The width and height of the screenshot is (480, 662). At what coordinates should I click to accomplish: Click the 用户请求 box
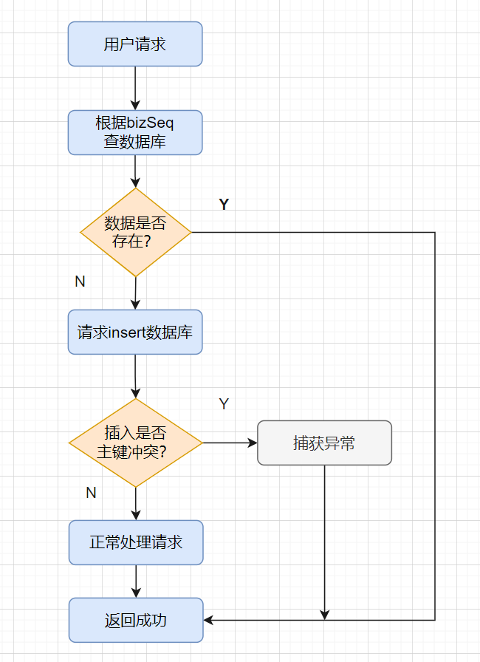pyautogui.click(x=135, y=44)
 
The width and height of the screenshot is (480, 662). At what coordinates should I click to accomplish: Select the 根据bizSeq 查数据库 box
pyautogui.click(x=135, y=133)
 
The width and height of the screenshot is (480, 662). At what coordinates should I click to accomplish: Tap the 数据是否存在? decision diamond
pyautogui.click(x=135, y=233)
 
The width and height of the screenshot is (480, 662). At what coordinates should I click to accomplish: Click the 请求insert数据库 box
pyautogui.click(x=135, y=332)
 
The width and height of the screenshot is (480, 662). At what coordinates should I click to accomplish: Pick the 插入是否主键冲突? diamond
pyautogui.click(x=135, y=443)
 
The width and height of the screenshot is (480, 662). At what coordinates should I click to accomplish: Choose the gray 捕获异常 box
pyautogui.click(x=324, y=443)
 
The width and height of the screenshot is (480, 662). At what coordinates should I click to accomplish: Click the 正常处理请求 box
pyautogui.click(x=135, y=543)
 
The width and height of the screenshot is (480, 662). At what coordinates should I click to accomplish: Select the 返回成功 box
pyautogui.click(x=135, y=620)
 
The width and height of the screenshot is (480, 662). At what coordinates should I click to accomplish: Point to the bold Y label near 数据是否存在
pyautogui.click(x=224, y=205)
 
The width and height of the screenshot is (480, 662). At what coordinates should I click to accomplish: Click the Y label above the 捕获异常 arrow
pyautogui.click(x=224, y=404)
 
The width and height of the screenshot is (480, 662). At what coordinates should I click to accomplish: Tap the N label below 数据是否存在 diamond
pyautogui.click(x=80, y=281)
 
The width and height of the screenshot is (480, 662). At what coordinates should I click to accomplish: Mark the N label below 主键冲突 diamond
pyautogui.click(x=91, y=493)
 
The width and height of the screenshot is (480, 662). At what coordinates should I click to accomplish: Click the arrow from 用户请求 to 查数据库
pyautogui.click(x=135, y=88)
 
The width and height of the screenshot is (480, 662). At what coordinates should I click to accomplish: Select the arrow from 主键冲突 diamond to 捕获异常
pyautogui.click(x=230, y=443)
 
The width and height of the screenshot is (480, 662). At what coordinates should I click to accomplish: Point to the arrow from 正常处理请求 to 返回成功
pyautogui.click(x=135, y=581)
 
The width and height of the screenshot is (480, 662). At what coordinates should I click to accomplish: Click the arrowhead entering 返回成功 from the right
pyautogui.click(x=209, y=620)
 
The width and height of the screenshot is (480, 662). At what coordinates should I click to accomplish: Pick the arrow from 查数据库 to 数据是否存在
pyautogui.click(x=135, y=171)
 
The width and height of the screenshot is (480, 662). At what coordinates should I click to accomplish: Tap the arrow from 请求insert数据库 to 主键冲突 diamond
pyautogui.click(x=135, y=377)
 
